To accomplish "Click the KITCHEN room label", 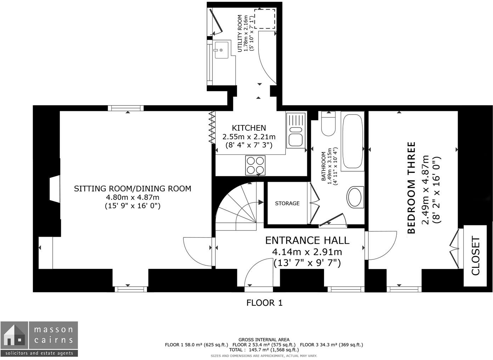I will pyautogui.click(x=249, y=128).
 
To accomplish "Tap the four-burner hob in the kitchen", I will pyautogui.click(x=255, y=165).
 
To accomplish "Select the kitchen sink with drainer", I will pyautogui.click(x=296, y=130).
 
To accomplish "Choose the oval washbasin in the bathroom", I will pyautogui.click(x=354, y=197).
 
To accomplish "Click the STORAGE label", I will pyautogui.click(x=287, y=203).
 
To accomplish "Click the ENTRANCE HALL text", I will pyautogui.click(x=307, y=240).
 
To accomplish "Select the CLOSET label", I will pyautogui.click(x=475, y=256).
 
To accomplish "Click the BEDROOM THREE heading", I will pyautogui.click(x=411, y=188).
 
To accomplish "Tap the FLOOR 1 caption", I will pyautogui.click(x=264, y=303).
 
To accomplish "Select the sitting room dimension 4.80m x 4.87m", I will pyautogui.click(x=133, y=197).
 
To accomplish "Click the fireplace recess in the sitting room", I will pyautogui.click(x=54, y=189).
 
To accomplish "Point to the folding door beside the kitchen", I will pyautogui.click(x=212, y=128).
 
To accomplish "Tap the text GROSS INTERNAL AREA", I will pyautogui.click(x=264, y=339).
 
